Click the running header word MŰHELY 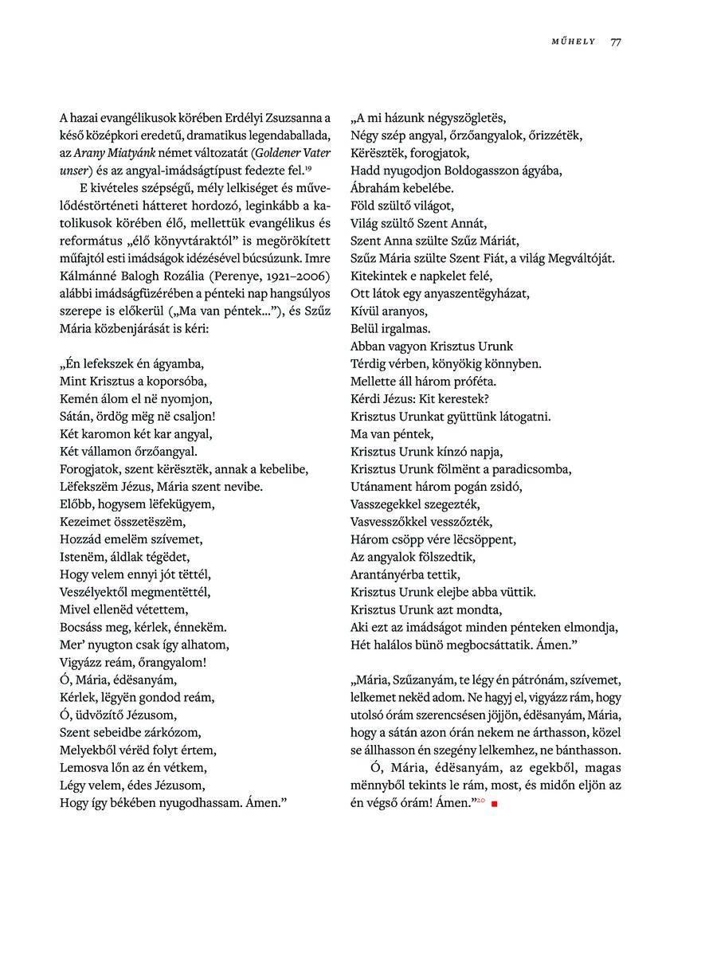pos(574,42)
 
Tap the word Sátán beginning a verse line pos(76,416)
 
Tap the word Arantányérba pos(387,574)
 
